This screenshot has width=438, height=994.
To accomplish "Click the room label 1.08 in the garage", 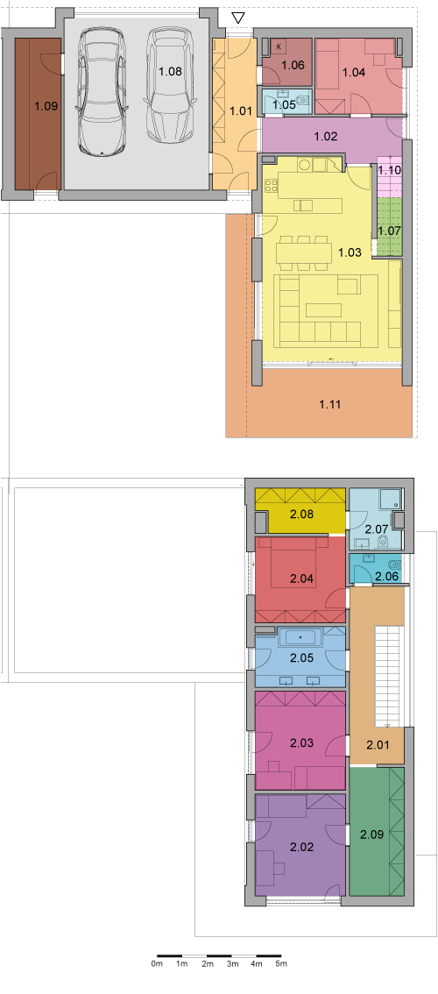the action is coord(171,71).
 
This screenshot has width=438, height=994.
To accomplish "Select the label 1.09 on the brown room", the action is coord(46,106).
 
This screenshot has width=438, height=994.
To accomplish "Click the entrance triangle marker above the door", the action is coord(237,18).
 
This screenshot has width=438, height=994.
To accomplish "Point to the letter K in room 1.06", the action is coord(279,46).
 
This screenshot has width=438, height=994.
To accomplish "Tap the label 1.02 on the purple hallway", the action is coord(325,135).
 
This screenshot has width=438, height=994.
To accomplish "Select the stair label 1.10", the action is coord(389,170).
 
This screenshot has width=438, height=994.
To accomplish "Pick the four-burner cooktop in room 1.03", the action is coord(272,187).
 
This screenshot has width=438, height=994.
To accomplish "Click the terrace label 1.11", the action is coord(329,403).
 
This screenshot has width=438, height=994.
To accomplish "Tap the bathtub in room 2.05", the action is coord(300,637).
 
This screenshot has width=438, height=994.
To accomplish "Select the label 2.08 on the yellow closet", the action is coord(301,513).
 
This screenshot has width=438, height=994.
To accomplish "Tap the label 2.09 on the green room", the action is coord(371,834).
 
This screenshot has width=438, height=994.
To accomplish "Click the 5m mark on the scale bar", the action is coord(281,963).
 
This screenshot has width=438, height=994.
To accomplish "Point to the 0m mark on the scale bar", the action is coord(157,963).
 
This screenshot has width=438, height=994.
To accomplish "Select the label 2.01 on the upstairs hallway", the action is coord(378,745).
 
